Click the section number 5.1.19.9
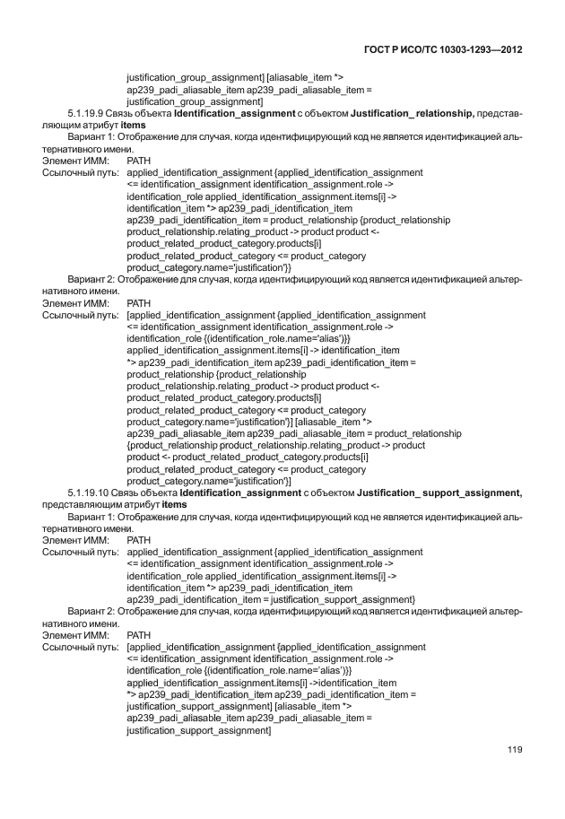87,114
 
